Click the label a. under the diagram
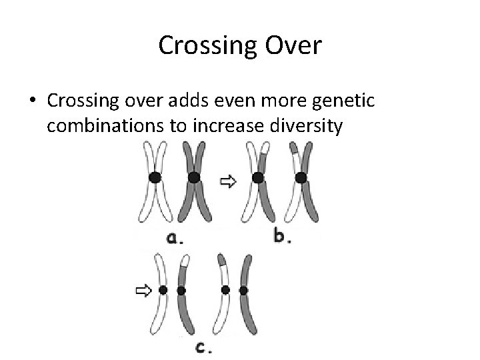(x=175, y=238)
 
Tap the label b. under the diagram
(x=282, y=237)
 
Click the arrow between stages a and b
(x=228, y=181)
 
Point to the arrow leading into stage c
(x=143, y=291)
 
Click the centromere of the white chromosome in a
(x=155, y=177)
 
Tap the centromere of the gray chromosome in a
(x=193, y=177)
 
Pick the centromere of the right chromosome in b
(x=301, y=177)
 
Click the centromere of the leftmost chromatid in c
(x=163, y=291)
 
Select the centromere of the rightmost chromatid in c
(x=243, y=291)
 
